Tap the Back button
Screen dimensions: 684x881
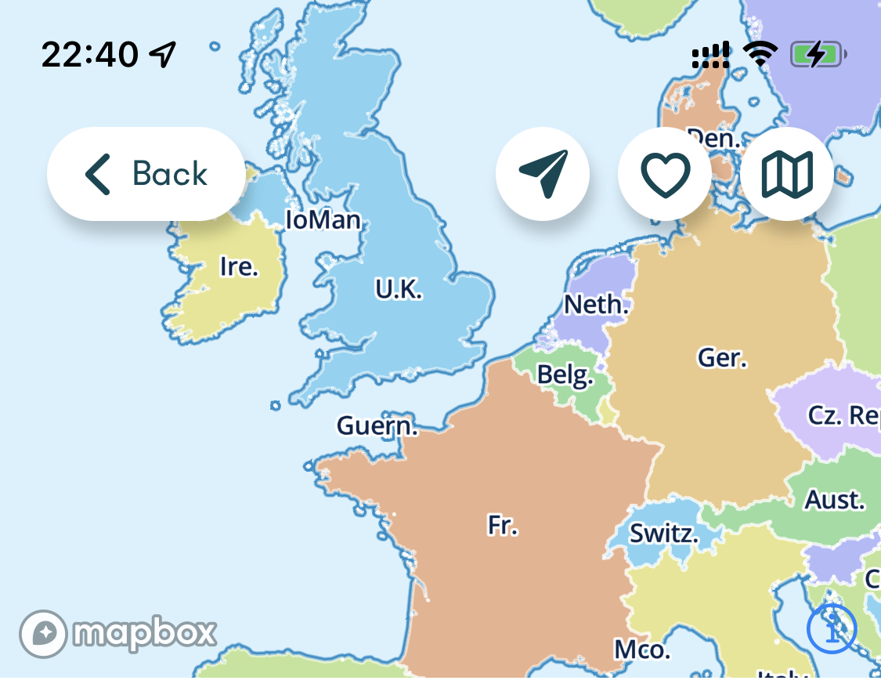(x=146, y=173)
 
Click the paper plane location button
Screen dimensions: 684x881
(x=543, y=173)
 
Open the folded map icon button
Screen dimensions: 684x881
(x=787, y=173)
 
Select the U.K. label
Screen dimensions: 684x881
(x=399, y=290)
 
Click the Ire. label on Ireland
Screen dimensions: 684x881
(x=239, y=267)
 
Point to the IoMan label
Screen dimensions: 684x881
(x=323, y=219)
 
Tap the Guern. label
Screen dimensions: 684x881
(x=377, y=427)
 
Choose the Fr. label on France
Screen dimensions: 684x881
(x=503, y=525)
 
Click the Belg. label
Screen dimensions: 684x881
(x=564, y=376)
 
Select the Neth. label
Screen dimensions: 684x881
(x=597, y=304)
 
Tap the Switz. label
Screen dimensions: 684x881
(x=664, y=534)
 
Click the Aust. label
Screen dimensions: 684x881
(x=835, y=500)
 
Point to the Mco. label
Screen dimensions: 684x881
(x=641, y=650)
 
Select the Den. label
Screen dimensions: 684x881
(x=713, y=139)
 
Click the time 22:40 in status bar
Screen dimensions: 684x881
(x=89, y=55)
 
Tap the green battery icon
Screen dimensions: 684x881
(x=818, y=55)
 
